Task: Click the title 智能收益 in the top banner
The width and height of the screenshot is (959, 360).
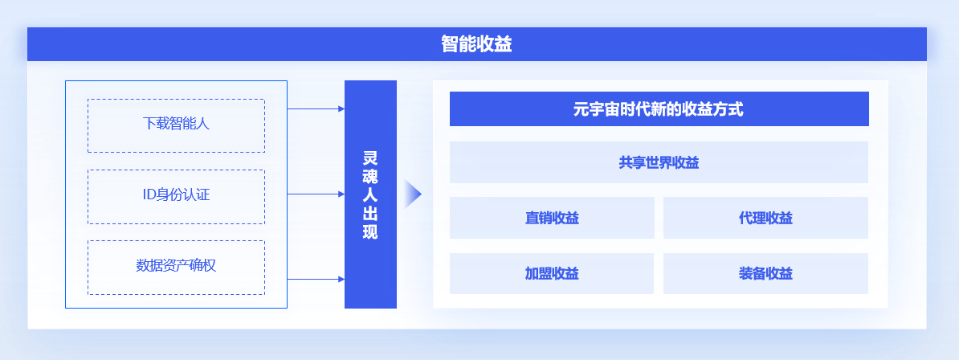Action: (476, 44)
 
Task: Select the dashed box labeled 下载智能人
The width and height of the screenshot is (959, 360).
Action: (176, 125)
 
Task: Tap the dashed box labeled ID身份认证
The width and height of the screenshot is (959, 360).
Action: (176, 197)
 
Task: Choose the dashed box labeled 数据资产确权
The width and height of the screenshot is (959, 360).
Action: (176, 268)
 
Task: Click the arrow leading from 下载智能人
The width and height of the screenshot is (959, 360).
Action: (316, 109)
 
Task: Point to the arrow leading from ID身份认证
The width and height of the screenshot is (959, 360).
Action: (316, 194)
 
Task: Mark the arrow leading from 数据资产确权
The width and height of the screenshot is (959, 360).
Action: (316, 279)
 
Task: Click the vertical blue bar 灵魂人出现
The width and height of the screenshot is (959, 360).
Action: (370, 194)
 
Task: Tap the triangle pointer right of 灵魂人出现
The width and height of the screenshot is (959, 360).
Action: (413, 194)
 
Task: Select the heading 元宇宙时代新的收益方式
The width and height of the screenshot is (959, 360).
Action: (659, 109)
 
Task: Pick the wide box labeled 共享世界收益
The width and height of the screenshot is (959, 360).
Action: (659, 162)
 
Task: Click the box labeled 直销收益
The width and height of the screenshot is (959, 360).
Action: (552, 217)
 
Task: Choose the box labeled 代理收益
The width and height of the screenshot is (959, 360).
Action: (765, 217)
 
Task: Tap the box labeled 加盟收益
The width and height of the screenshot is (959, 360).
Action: (552, 273)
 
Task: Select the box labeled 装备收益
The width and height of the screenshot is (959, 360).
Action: (765, 273)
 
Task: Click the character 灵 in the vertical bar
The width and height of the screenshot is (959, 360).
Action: (370, 158)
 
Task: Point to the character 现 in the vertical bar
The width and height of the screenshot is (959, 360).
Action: (370, 233)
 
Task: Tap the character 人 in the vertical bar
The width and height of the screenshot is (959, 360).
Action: (370, 195)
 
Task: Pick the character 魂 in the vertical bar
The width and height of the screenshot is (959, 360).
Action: (370, 177)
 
